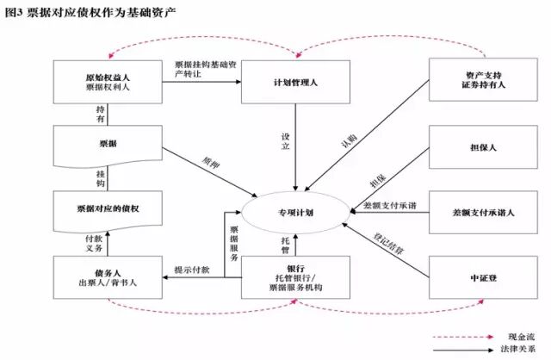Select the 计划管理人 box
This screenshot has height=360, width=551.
tap(296, 81)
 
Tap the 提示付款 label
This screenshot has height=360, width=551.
tap(192, 269)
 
